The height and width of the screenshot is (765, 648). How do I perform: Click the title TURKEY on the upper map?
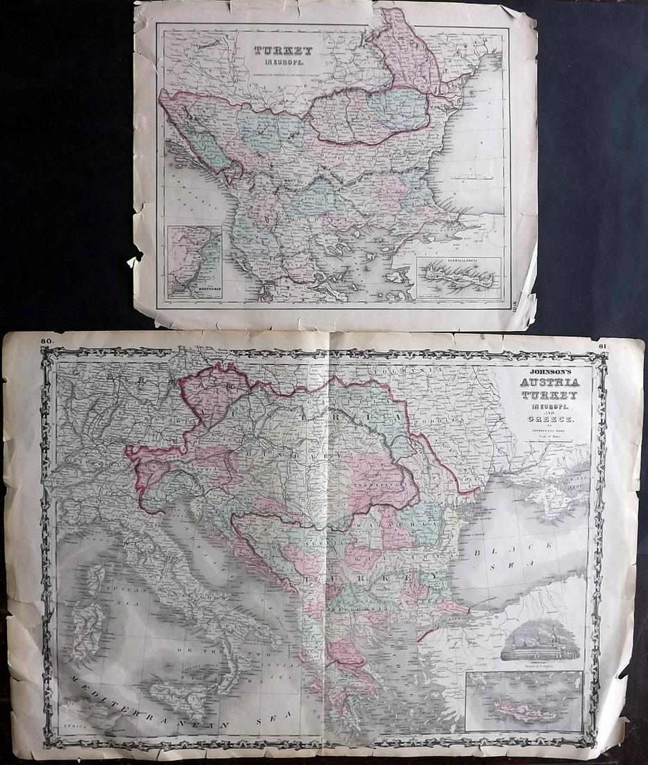pos(283,51)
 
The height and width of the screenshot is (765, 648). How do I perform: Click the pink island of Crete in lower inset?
pos(521,709)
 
